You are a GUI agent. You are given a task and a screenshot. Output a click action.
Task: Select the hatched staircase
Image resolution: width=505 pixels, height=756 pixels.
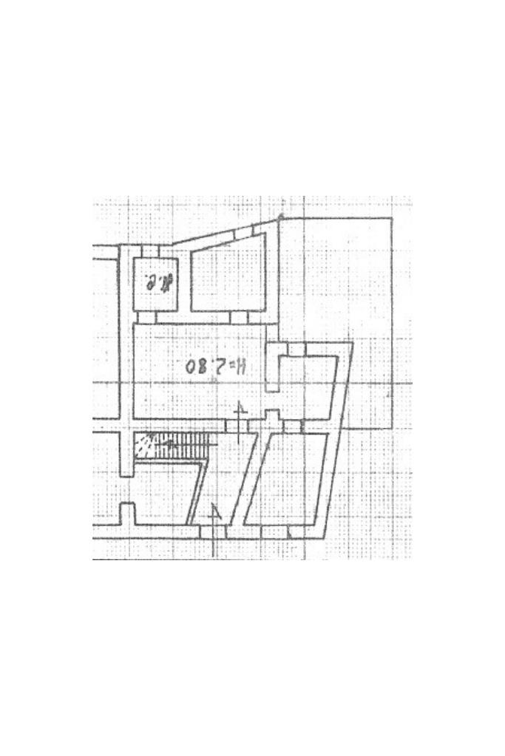point(176,446)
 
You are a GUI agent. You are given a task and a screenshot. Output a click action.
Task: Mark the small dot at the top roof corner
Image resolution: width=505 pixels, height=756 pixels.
point(281,217)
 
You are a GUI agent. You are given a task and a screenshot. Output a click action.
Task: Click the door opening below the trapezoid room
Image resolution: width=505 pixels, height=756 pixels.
point(238,317)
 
